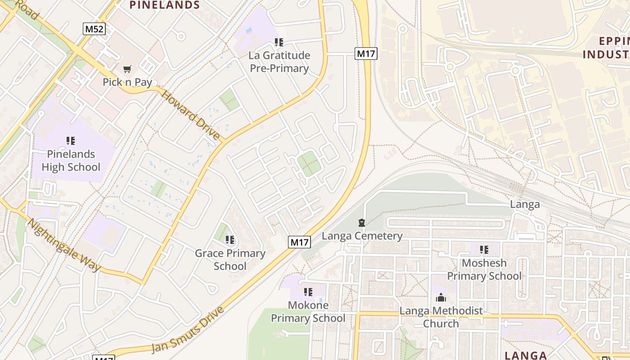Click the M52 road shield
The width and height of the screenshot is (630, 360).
click(94, 29)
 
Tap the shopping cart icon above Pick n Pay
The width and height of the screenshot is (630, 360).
click(127, 69)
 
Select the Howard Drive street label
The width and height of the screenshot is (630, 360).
click(190, 115)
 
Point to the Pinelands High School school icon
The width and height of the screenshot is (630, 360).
click(70, 141)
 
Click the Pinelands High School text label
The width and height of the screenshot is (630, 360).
click(71, 161)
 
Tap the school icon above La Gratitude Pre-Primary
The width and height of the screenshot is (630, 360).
click(279, 42)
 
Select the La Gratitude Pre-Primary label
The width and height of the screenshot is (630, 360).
click(279, 62)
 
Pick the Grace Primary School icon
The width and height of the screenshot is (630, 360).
click(230, 240)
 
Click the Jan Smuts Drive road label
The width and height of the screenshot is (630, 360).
click(187, 330)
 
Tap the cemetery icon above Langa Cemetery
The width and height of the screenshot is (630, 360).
click(361, 223)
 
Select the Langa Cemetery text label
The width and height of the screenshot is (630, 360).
click(362, 236)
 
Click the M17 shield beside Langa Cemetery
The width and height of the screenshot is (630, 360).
click(300, 242)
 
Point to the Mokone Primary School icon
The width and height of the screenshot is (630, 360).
click(308, 292)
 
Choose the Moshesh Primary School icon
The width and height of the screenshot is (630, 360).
click(484, 249)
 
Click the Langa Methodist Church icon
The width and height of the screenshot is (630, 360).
click(441, 297)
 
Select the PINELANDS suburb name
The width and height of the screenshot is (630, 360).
click(165, 5)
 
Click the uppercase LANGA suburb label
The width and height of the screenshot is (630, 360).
click(526, 355)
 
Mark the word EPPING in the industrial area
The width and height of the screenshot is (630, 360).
click(614, 41)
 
